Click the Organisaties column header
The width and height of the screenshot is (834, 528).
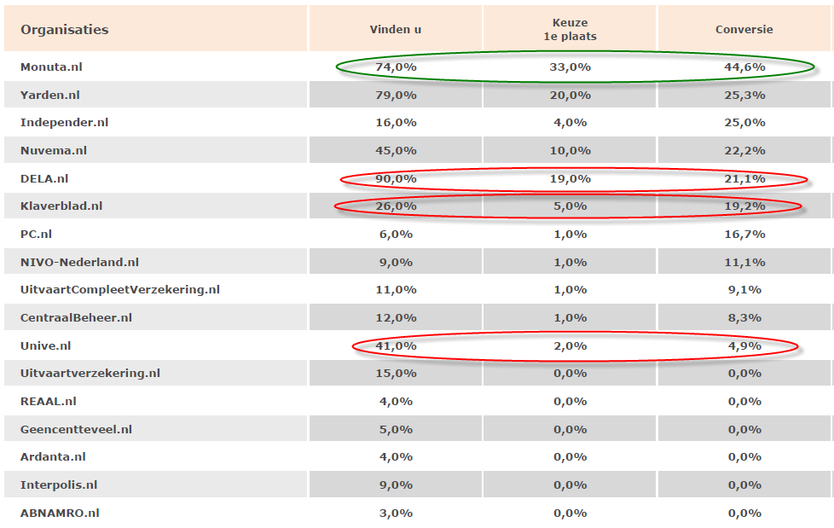(65, 30)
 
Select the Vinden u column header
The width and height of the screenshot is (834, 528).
(396, 30)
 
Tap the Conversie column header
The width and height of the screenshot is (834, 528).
(744, 30)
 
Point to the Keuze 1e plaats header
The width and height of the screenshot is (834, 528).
(570, 30)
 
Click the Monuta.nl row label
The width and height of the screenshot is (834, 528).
(51, 67)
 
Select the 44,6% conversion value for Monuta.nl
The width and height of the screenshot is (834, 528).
(744, 67)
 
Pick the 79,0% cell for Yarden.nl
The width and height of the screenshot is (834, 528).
(396, 95)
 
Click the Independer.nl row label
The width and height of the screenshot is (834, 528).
(64, 123)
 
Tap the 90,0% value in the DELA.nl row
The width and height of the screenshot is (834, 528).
(396, 178)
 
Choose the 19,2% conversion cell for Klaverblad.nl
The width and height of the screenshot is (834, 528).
(744, 206)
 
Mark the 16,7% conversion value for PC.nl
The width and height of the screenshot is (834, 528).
(744, 235)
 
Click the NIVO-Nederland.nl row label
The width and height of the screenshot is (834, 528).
(79, 262)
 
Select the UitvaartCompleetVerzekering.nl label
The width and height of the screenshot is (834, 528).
(119, 290)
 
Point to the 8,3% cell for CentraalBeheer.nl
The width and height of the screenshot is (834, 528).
(744, 318)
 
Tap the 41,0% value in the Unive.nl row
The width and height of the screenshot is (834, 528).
(396, 346)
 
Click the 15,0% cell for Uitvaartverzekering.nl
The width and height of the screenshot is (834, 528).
(396, 374)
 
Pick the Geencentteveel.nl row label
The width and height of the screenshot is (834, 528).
(76, 430)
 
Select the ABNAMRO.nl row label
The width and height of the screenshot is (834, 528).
(60, 513)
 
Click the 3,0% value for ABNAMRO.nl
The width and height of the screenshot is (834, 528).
(396, 513)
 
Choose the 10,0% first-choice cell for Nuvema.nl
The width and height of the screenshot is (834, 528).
(570, 151)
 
